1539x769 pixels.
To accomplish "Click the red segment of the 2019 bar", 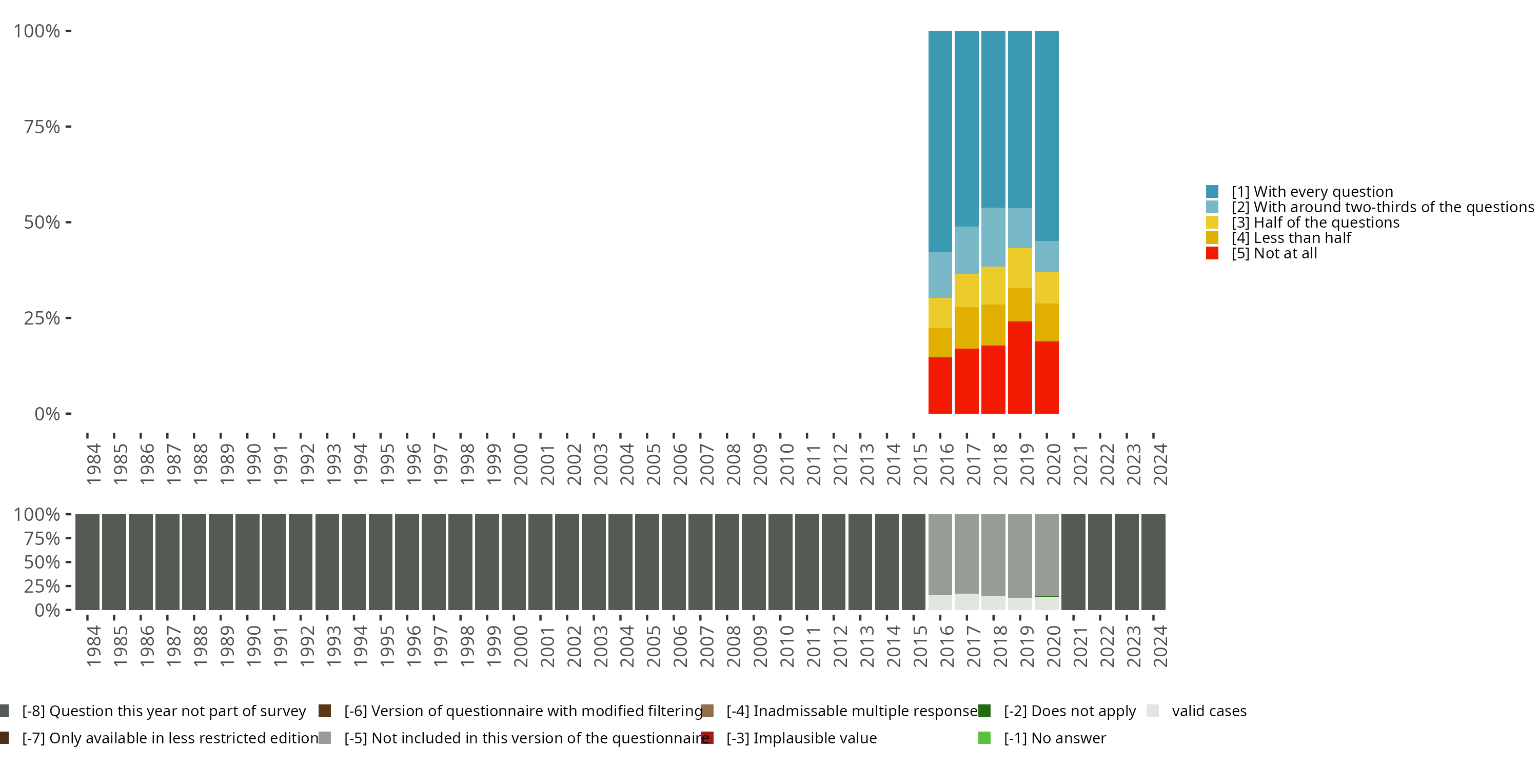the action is tap(1020, 367).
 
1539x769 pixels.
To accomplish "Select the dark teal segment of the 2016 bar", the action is tap(940, 141).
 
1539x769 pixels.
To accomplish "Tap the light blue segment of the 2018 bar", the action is tap(994, 237).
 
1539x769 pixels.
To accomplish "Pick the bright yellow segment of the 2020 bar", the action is tap(1047, 288).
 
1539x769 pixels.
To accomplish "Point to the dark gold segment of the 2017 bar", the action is tap(966, 328).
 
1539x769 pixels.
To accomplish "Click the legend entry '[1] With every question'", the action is tap(1299, 192).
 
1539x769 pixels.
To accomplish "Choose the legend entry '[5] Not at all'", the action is tap(1261, 253).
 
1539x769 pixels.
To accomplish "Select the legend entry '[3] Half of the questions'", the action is tap(1303, 222).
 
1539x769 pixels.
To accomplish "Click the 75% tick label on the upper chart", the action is tap(42, 127).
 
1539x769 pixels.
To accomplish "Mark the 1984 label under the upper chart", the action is tap(94, 464).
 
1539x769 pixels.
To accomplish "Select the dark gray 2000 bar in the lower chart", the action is tap(514, 562).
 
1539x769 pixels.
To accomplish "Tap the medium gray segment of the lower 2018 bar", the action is tap(994, 555).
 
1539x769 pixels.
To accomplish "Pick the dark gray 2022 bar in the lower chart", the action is tap(1100, 562).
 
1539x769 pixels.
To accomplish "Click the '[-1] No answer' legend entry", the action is tap(1042, 738).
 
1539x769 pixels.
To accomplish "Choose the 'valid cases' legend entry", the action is tap(1197, 711).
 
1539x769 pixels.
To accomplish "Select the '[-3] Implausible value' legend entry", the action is tap(789, 738).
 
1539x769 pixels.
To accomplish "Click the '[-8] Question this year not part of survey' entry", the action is tap(153, 711).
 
